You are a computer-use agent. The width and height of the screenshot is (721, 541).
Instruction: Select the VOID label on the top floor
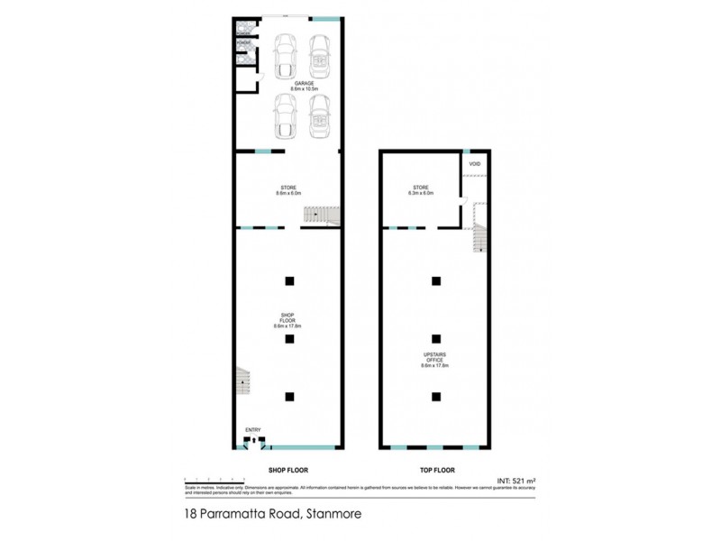tap(474, 164)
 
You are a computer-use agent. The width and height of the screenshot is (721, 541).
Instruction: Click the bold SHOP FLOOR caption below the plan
tap(287, 471)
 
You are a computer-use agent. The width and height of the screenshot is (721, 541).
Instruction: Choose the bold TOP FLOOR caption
tap(436, 471)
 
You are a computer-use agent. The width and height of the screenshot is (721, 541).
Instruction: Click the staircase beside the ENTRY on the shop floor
tap(242, 383)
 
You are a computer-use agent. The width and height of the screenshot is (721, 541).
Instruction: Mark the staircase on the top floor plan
tap(479, 236)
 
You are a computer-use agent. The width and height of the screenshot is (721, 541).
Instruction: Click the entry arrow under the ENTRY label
tap(255, 441)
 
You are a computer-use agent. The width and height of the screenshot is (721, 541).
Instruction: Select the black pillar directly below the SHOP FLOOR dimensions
tap(289, 338)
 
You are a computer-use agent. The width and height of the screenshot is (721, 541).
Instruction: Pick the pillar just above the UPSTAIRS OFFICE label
tap(436, 338)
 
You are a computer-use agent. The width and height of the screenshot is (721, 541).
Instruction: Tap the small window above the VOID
tap(466, 150)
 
